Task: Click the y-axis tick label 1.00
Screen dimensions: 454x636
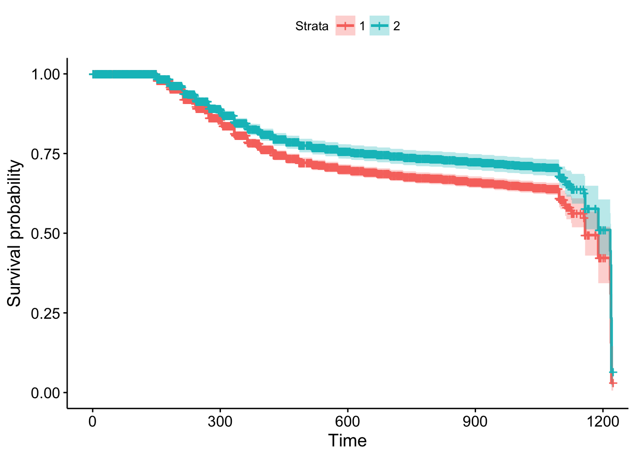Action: click(x=45, y=74)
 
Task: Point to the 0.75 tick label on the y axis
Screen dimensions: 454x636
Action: click(x=45, y=154)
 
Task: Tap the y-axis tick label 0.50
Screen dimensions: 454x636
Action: click(x=45, y=234)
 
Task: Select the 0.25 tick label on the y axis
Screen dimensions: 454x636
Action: click(x=45, y=313)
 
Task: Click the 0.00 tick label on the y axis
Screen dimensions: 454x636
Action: click(x=45, y=393)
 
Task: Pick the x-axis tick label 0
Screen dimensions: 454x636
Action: click(x=92, y=421)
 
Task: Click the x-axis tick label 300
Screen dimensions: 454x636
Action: click(x=220, y=421)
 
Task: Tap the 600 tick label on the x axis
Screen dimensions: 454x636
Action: click(x=347, y=421)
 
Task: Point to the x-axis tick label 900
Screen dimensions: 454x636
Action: click(x=475, y=421)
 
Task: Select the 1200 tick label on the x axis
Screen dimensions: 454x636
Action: click(x=602, y=421)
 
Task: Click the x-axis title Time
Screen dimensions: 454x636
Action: click(x=347, y=441)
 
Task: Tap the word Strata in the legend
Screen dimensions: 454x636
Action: click(x=311, y=26)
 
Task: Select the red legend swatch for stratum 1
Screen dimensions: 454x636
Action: click(x=345, y=26)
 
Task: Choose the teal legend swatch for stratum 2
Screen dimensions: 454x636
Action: click(x=380, y=26)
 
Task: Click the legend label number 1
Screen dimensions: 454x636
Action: click(x=362, y=26)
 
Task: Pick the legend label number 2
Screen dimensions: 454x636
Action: click(x=397, y=26)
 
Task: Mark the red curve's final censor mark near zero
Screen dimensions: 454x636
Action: click(x=613, y=383)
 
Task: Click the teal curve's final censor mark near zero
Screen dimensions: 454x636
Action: click(x=612, y=372)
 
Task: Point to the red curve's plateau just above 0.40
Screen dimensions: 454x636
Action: click(x=602, y=258)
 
